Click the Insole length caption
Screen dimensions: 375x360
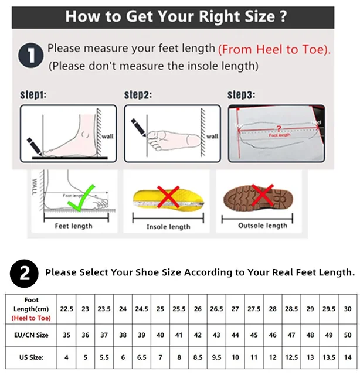168,227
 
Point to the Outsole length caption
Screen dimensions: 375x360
263,226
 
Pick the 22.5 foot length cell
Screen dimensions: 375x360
66,309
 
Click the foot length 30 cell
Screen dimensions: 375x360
348,309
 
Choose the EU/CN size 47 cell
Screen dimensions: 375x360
291,335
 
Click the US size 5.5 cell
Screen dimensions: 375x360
104,356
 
